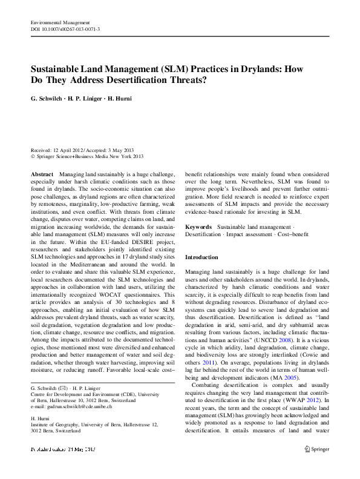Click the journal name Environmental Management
[x=59, y=22]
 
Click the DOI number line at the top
[x=65, y=29]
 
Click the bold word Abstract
[x=42, y=174]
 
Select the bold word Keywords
[x=198, y=226]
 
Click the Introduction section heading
[x=201, y=257]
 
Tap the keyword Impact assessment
[x=248, y=234]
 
